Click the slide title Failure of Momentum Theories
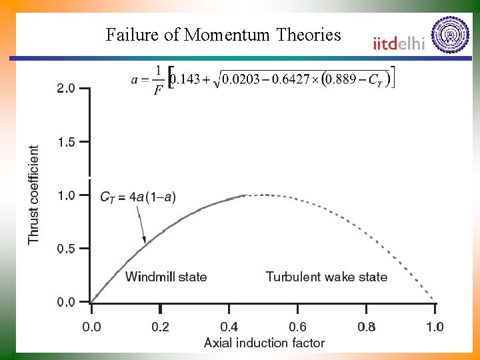point(223,35)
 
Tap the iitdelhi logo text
point(399,44)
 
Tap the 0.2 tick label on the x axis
point(160,327)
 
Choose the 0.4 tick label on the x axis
point(229,327)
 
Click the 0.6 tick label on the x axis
point(298,327)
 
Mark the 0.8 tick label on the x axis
point(367,327)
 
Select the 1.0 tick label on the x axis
point(435,327)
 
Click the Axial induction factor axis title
point(264,343)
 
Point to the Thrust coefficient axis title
point(34,195)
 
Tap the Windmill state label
point(166,277)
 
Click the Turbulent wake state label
point(326,277)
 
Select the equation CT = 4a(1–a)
point(138,197)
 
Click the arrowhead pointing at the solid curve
point(144,239)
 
